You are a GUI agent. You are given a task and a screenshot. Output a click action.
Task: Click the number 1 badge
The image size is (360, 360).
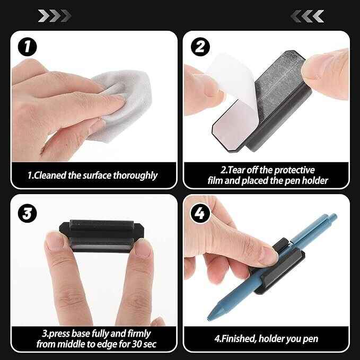[x=28, y=47]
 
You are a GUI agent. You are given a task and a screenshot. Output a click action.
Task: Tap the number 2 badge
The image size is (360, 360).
[x=200, y=47]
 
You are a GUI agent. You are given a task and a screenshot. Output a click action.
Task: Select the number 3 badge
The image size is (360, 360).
[x=28, y=213]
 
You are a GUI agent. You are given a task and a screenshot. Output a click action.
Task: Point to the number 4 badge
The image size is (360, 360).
[x=200, y=213]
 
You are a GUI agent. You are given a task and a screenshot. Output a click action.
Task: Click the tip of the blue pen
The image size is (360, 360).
[x=208, y=319]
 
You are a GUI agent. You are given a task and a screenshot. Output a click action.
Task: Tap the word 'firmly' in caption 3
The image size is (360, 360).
[x=139, y=333]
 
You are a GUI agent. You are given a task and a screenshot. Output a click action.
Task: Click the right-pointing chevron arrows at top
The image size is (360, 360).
[x=55, y=16]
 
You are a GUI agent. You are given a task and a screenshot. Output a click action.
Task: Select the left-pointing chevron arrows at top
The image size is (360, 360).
[x=307, y=16]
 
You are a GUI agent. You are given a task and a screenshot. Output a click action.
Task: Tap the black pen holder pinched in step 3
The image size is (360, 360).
[x=101, y=236]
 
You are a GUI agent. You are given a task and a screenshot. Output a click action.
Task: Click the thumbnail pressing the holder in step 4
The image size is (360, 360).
[x=269, y=255]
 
